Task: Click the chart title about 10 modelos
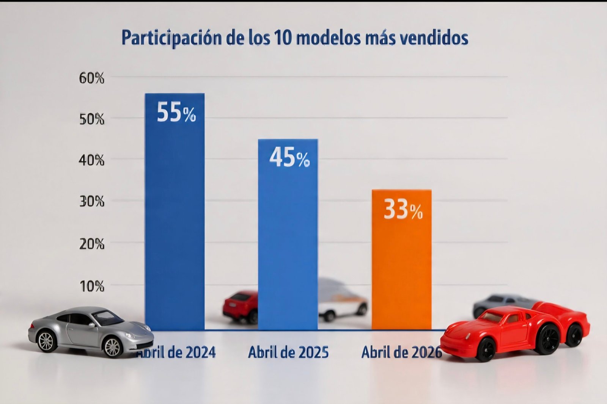(295, 38)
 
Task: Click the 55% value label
(176, 112)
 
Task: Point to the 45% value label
(289, 158)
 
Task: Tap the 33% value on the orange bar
(403, 210)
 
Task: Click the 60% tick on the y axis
(91, 78)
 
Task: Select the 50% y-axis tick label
(91, 119)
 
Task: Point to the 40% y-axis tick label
(91, 161)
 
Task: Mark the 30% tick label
(91, 202)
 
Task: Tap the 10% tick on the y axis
(91, 286)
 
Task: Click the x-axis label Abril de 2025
(288, 352)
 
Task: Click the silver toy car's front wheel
(112, 346)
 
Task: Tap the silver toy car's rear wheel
(46, 341)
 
